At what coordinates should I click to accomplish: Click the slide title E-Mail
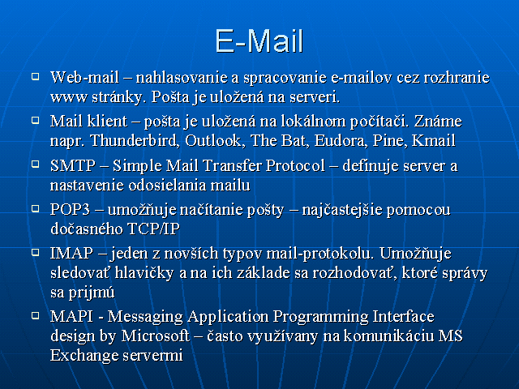coord(259,41)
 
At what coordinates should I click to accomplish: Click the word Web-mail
coord(84,78)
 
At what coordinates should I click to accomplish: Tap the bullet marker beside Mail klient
coord(35,120)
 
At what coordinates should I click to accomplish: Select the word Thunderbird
coord(135,140)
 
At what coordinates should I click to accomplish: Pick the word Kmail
coord(434,140)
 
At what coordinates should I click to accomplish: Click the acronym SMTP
coord(73,165)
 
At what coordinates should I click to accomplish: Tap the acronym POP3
coord(71,209)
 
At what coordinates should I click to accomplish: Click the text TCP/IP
coord(153,229)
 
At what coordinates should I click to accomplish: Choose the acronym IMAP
coord(71,253)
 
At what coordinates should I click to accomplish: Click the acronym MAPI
coord(71,316)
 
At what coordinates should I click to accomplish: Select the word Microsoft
coord(156,336)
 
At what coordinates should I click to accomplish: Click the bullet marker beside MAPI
coord(35,315)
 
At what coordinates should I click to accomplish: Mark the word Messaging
coord(145,317)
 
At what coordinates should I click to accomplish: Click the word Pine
coord(390,140)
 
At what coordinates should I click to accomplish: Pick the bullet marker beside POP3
coord(35,208)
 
